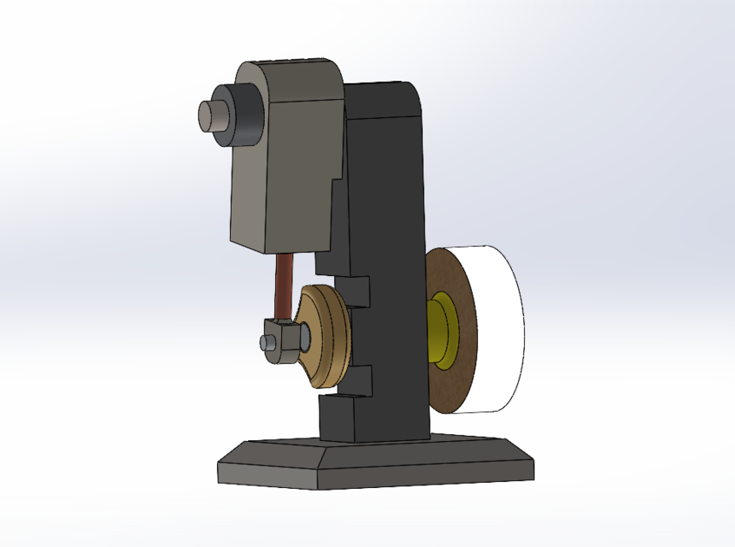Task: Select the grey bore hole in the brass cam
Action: click(x=305, y=336)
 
